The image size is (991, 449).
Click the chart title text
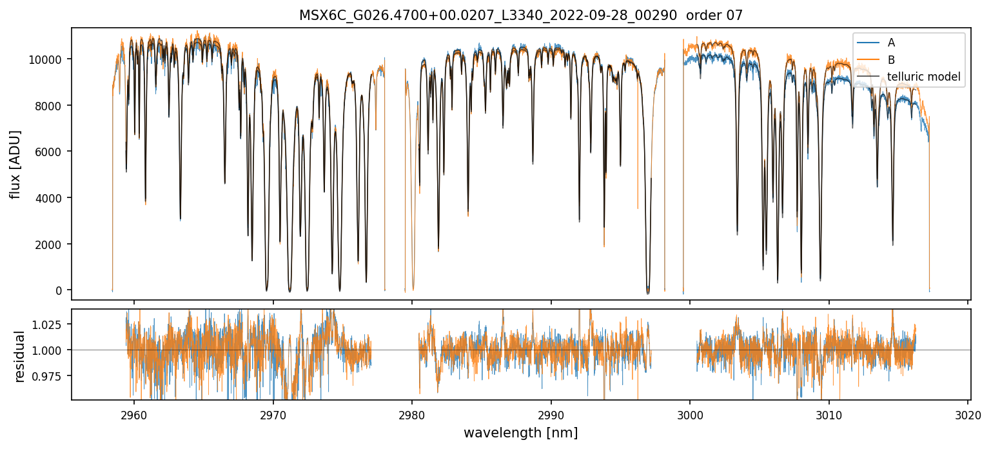(x=521, y=15)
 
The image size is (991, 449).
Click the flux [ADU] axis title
(x=15, y=164)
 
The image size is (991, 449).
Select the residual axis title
(x=20, y=356)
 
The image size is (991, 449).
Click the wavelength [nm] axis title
(x=520, y=432)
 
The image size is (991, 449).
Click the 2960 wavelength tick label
(x=134, y=414)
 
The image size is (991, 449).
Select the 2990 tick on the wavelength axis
(x=551, y=414)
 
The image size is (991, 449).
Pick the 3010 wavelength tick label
(x=829, y=414)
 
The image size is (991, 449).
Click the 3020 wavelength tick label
(x=968, y=414)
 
